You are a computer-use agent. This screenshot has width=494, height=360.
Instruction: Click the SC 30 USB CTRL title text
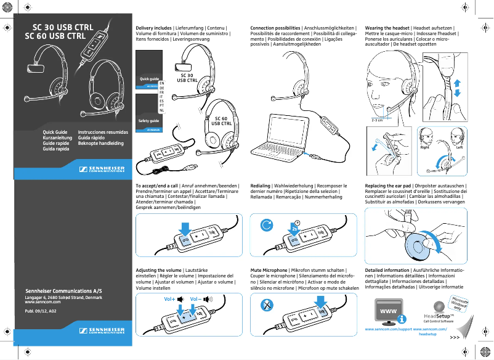pos(62,28)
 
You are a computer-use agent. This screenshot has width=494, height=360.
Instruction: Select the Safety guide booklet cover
pos(149,113)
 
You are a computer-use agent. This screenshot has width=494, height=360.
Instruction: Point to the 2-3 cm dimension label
pos(377,121)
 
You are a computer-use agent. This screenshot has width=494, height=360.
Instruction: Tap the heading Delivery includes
pos(153,28)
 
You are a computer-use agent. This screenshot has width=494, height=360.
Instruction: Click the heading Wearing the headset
pos(387,28)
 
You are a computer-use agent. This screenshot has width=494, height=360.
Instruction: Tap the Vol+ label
pos(170,298)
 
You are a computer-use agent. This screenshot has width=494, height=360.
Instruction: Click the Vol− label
pos(195,298)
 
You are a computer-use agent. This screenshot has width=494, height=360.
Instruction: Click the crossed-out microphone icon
pos(267,305)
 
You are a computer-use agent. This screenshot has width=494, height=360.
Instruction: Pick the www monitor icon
pos(387,311)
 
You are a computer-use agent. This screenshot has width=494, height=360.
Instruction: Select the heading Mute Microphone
pos(269,270)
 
